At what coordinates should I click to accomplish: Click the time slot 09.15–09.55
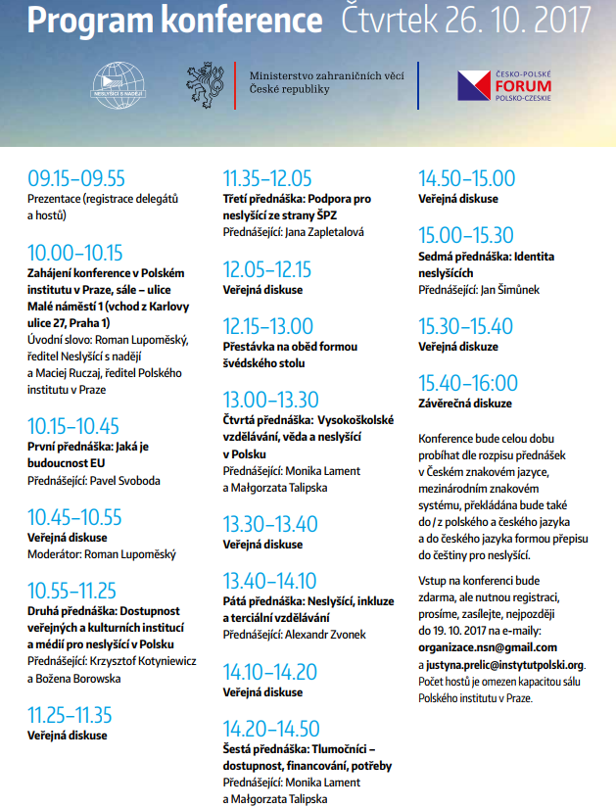click(76, 178)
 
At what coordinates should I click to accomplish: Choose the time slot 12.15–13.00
click(268, 326)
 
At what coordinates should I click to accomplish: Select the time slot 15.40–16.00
click(468, 382)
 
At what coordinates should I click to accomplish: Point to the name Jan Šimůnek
click(509, 290)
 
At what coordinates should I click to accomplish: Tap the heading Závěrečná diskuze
click(465, 403)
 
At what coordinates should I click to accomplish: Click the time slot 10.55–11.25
click(72, 591)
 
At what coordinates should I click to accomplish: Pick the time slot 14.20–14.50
click(271, 728)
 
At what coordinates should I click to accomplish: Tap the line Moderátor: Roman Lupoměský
click(102, 554)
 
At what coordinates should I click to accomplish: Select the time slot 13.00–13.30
click(271, 400)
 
